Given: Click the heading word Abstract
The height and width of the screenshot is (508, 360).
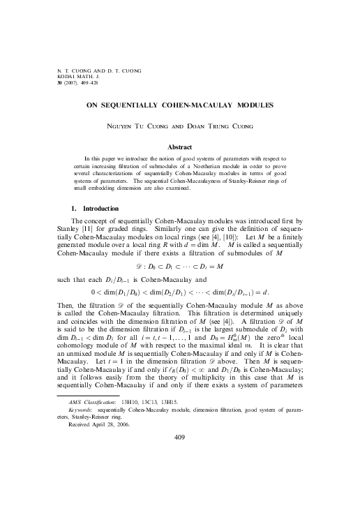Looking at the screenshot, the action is click(179, 147).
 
